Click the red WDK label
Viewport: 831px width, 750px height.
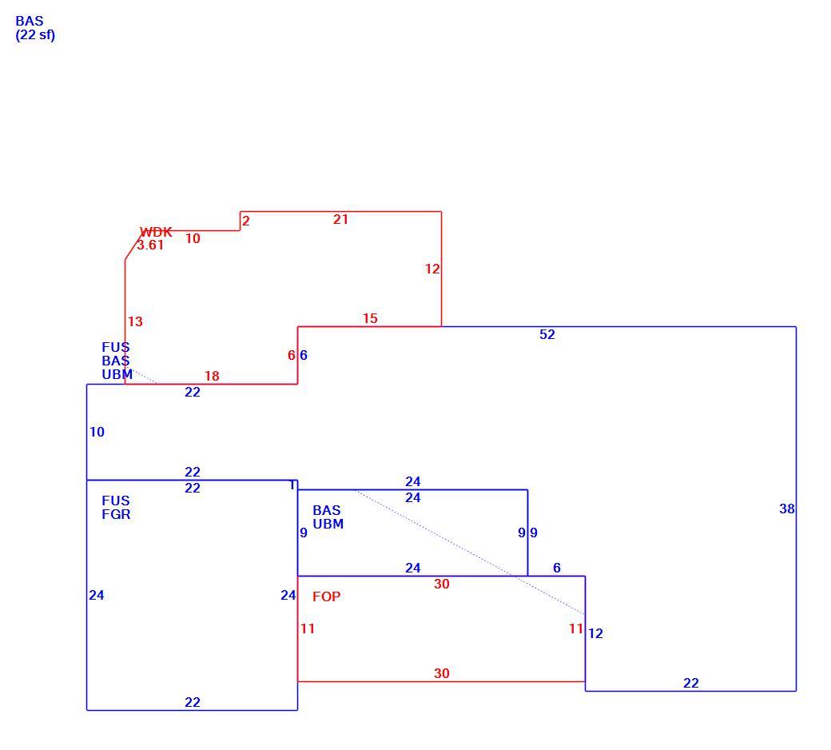tap(156, 232)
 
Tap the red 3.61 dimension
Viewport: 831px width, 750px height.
tap(150, 245)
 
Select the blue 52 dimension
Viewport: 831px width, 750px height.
tap(547, 335)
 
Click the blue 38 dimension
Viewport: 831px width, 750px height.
tap(786, 509)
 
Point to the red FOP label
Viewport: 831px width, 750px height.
tap(326, 596)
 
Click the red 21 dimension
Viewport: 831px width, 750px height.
tap(340, 220)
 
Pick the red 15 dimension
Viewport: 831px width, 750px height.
tap(370, 319)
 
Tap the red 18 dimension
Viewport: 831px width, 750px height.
tap(212, 376)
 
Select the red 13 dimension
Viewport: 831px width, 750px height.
tap(134, 322)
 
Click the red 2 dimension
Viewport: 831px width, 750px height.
tap(245, 221)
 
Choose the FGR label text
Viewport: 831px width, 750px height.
tap(116, 514)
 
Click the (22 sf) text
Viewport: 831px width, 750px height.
tap(35, 35)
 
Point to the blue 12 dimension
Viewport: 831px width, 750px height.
tap(595, 634)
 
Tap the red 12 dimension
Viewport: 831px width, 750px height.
tap(432, 269)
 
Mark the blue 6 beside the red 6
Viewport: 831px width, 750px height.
tap(303, 355)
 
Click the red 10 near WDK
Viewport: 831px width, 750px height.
tap(193, 239)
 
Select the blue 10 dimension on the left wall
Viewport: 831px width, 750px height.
tap(97, 433)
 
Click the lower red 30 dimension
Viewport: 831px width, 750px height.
tap(441, 673)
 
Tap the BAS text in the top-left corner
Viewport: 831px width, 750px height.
tap(29, 22)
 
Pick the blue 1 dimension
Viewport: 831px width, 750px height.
tap(292, 485)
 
